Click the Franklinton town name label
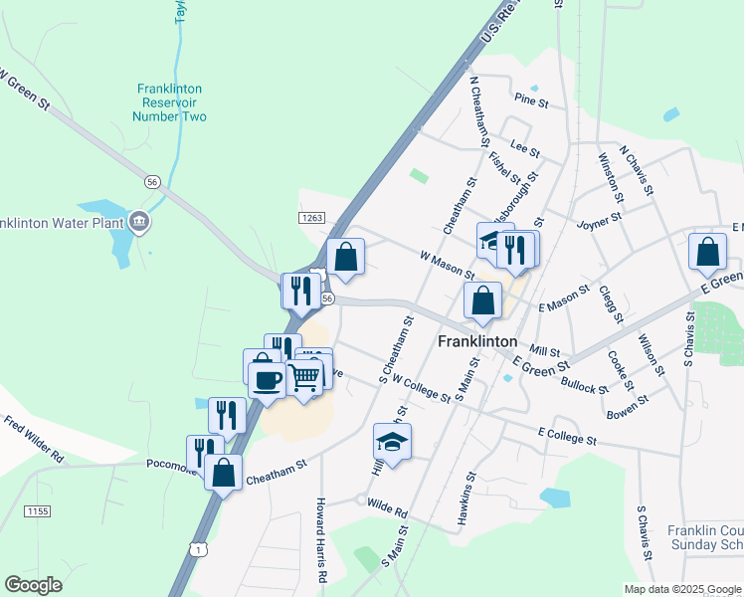point(477,339)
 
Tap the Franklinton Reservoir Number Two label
point(170,102)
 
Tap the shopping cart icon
point(304,376)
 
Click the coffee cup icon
point(267,379)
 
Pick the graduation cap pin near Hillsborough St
point(489,240)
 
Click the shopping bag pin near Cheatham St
point(224,472)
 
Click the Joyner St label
point(599,216)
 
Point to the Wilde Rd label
point(387,510)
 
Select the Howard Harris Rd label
point(321,540)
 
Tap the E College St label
point(566,436)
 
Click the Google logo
point(33,584)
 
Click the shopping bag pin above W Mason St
point(345,257)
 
